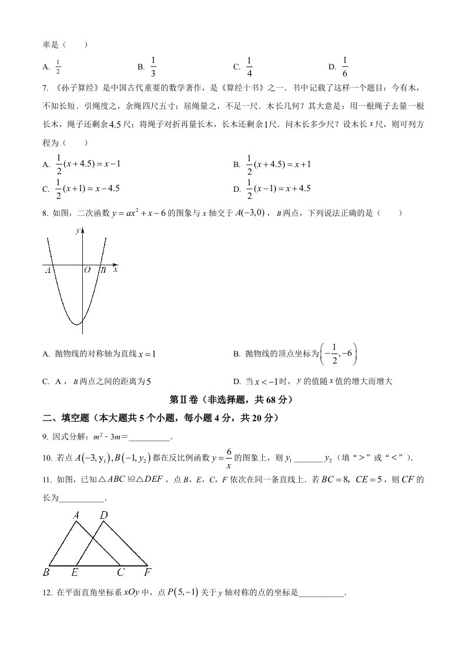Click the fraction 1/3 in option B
tap(153, 66)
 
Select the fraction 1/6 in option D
tap(345, 66)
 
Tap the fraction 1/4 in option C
tap(249, 66)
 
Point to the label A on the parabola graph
tap(48, 270)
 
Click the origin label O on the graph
tap(86, 270)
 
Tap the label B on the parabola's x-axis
tap(102, 270)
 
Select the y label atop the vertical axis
tap(78, 232)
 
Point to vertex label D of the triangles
tap(104, 515)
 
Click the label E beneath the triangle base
tap(74, 571)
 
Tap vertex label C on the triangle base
tap(120, 571)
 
